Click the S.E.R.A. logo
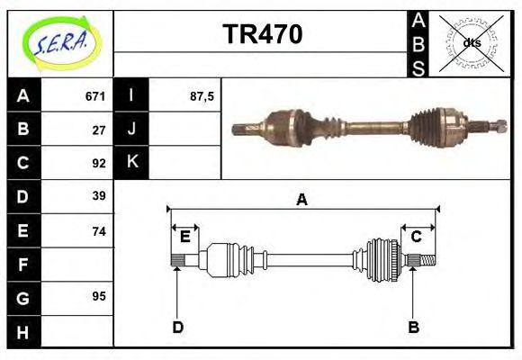(60, 43)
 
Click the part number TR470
(262, 36)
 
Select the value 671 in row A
(95, 96)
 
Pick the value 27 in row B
(99, 130)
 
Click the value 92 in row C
(99, 163)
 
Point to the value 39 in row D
(99, 196)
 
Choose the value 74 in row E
(99, 230)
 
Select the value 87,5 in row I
(202, 96)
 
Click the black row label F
(23, 265)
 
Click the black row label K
(132, 163)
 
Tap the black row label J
(132, 130)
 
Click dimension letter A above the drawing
(302, 200)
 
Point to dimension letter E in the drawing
(184, 237)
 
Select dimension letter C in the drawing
(417, 237)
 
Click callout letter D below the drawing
(177, 328)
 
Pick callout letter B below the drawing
(414, 328)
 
